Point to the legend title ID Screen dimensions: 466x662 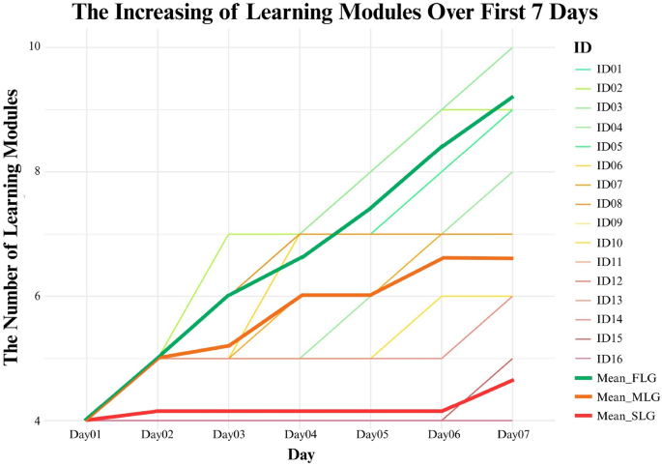click(x=582, y=46)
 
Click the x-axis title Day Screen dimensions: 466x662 click(x=300, y=454)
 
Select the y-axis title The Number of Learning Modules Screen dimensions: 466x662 click(x=13, y=227)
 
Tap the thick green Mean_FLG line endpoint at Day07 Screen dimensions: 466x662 click(x=512, y=97)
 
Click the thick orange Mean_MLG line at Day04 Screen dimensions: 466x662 click(x=300, y=295)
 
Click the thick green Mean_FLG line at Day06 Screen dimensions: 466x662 click(x=442, y=147)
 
